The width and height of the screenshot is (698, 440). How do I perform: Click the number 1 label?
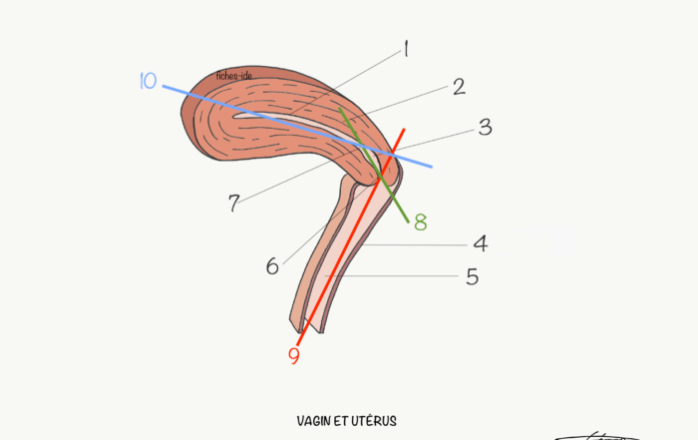[x=406, y=49]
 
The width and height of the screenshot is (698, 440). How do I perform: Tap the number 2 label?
[x=460, y=87]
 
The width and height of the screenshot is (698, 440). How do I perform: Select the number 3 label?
[x=486, y=128]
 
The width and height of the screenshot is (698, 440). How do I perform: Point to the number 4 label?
[x=481, y=244]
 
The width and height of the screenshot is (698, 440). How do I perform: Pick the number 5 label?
[x=473, y=276]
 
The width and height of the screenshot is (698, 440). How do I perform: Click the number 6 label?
[x=272, y=266]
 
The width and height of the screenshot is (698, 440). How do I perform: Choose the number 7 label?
[x=234, y=204]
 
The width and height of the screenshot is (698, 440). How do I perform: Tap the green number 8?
[x=421, y=221]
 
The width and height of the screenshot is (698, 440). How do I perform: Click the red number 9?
[x=294, y=356]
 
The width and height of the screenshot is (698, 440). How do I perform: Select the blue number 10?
[x=149, y=81]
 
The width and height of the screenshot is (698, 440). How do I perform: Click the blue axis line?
[x=297, y=127]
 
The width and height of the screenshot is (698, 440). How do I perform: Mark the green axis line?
[x=374, y=165]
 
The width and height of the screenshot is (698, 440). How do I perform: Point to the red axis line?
[x=351, y=236]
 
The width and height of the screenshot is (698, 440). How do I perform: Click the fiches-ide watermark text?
[x=234, y=76]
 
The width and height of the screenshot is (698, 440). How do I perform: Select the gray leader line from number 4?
[x=415, y=244]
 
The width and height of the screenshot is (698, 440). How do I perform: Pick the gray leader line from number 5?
[x=392, y=276]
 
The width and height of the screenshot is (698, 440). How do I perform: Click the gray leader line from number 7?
[x=298, y=176]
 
